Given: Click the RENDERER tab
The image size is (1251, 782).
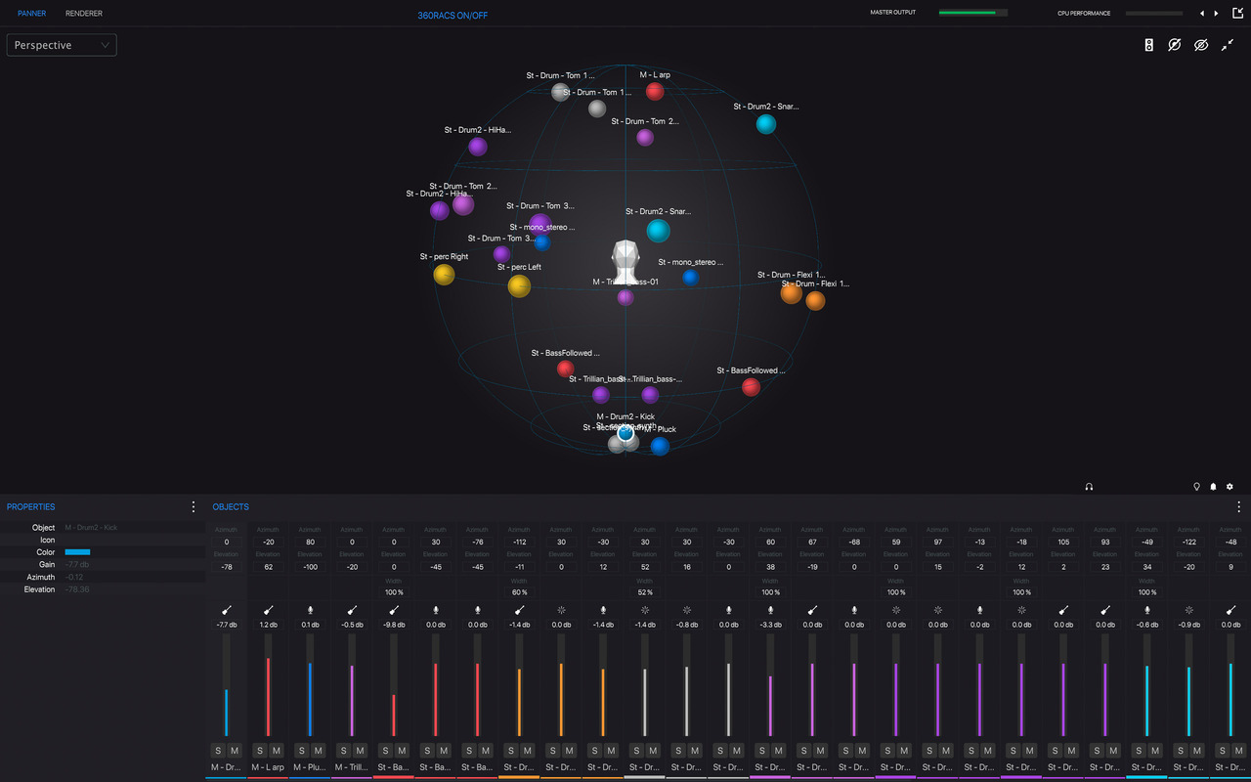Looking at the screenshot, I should pos(84,14).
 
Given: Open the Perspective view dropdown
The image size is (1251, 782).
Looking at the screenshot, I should pos(62,45).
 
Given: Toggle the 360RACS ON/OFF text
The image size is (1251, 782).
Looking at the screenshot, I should pos(453,16).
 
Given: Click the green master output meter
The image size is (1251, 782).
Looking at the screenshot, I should pos(971,13).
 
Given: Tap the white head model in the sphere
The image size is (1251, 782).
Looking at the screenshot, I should pos(625,261).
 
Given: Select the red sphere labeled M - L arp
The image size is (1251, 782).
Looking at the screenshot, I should pos(655,91).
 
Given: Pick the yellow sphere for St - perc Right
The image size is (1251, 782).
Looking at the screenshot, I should pos(444,275).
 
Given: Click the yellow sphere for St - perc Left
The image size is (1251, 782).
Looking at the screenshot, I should pos(519,285).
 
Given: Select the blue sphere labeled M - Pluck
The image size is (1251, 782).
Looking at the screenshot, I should pos(660,446).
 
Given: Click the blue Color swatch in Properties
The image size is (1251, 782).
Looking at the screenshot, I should pos(77,552).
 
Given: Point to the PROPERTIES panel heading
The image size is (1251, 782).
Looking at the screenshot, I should pos(31,507).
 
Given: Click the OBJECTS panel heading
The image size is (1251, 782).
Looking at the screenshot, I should pos(231,507).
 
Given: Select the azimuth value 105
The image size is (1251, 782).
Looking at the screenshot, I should pos(1063,543).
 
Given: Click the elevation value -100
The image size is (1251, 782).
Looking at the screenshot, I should pos(310,567).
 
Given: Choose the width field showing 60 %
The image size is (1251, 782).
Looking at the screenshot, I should pos(519,592).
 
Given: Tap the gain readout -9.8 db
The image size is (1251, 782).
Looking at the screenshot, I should pos(394,625).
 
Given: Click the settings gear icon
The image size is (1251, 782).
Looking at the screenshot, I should pos(1229,486).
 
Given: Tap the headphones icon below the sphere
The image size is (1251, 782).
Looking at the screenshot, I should pos(1089,486).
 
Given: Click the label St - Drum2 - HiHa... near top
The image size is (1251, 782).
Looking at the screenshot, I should pos(478,130).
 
